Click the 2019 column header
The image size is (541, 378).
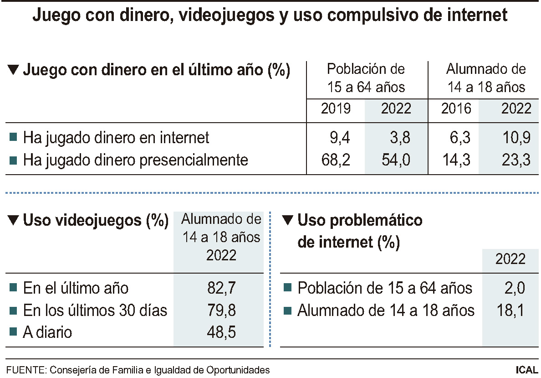click(336, 109)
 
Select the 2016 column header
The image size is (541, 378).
click(456, 109)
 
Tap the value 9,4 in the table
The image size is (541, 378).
click(339, 137)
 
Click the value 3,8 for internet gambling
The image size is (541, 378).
click(400, 137)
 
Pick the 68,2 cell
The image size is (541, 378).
click(336, 160)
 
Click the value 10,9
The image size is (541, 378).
click(516, 137)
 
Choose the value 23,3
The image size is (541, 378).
click(516, 160)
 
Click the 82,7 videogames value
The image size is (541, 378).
click(221, 288)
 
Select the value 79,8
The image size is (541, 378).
click(221, 311)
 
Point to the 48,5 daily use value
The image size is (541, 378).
click(221, 332)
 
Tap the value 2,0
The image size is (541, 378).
click(514, 288)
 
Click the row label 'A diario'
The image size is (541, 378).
click(47, 332)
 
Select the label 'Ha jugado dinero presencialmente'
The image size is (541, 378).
click(136, 160)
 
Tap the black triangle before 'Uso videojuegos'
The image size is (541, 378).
click(14, 221)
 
